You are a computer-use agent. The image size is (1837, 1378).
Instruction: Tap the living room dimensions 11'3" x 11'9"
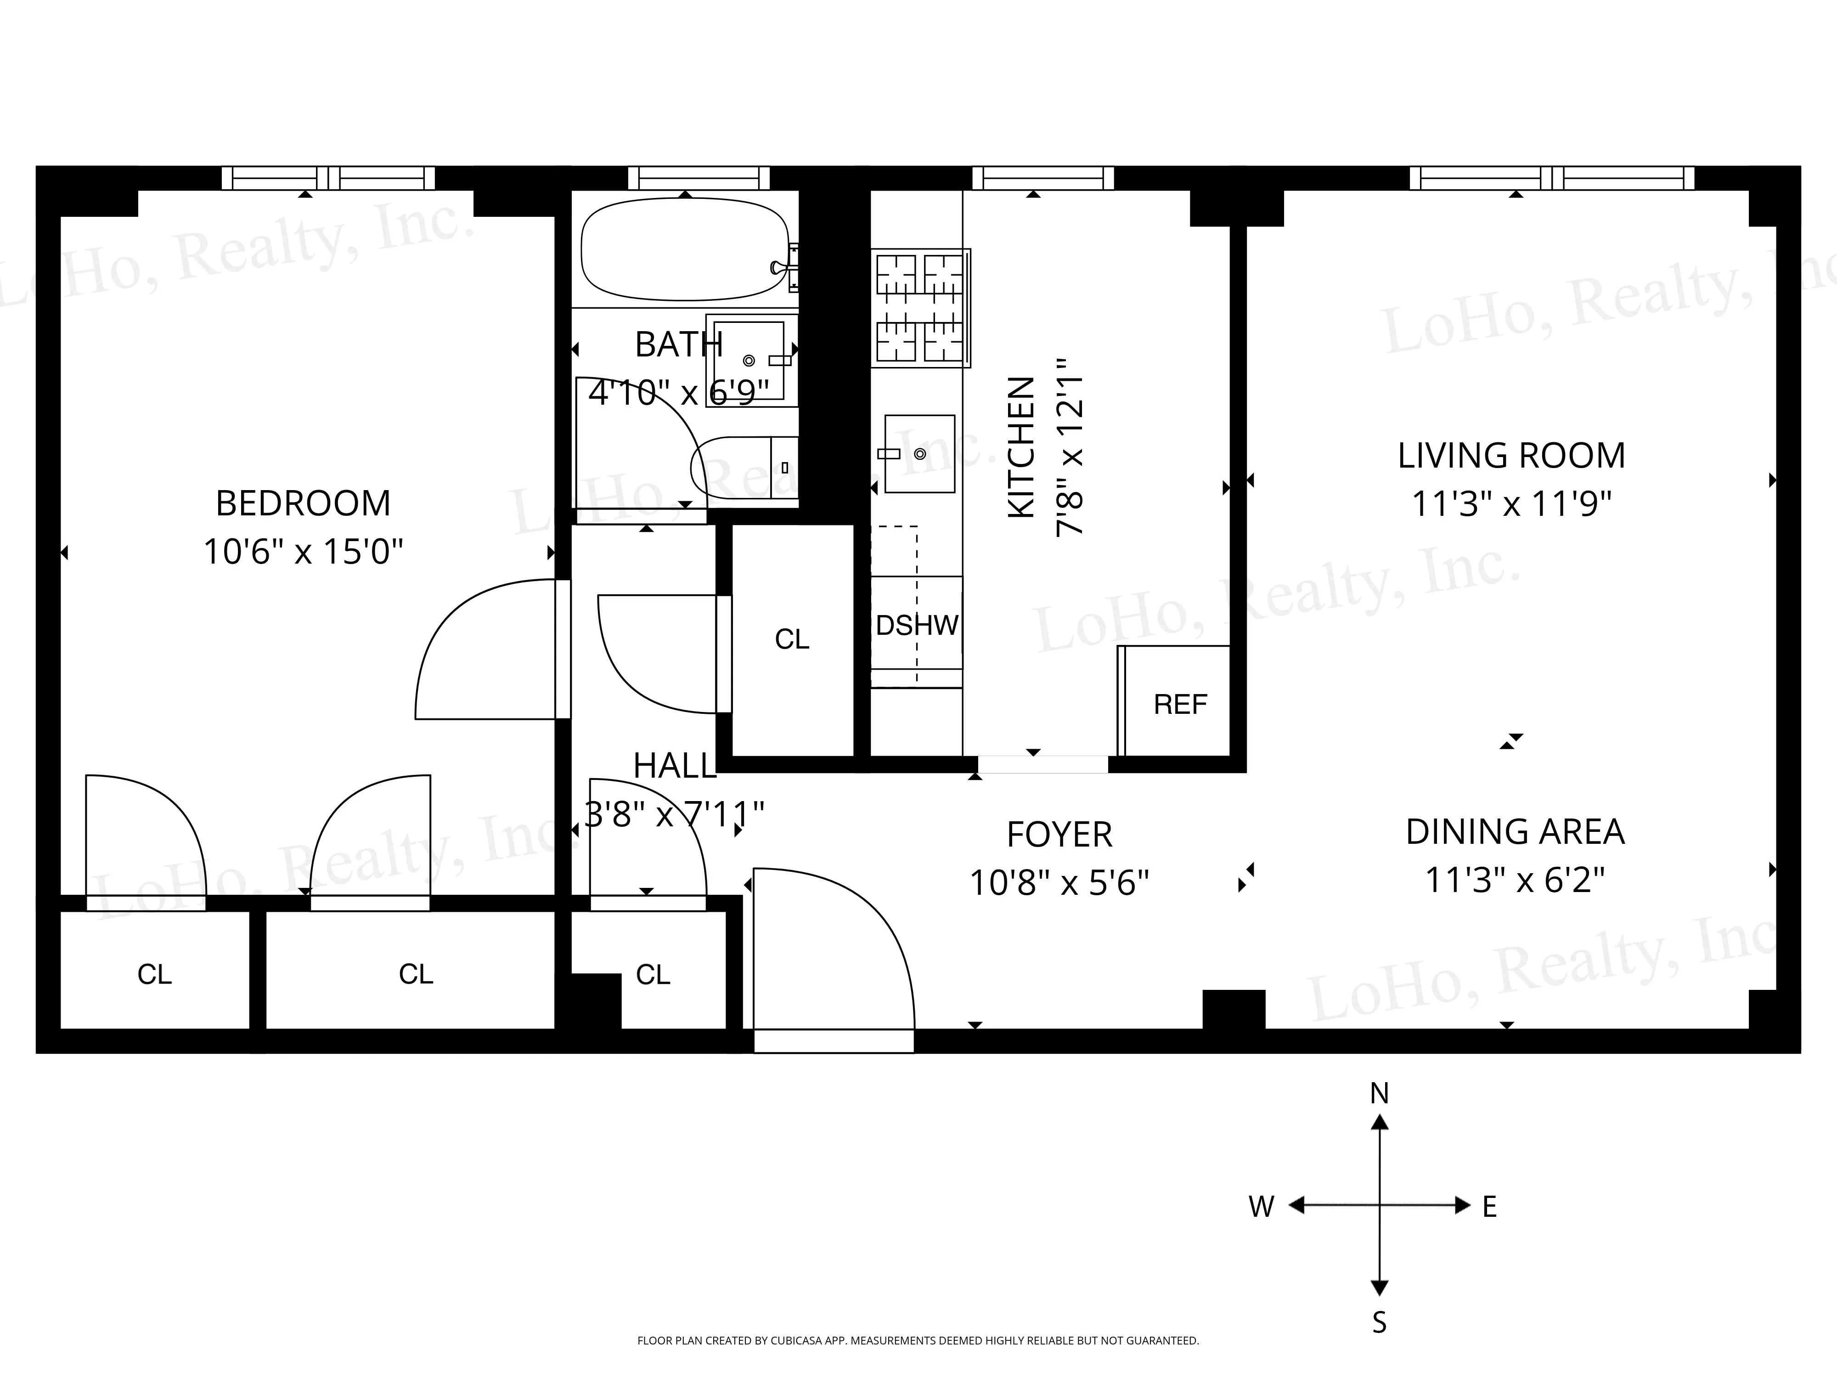coord(1511,504)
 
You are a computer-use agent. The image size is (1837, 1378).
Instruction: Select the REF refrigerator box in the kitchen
coord(1179,704)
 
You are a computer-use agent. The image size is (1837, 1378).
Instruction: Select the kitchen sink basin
coord(919,453)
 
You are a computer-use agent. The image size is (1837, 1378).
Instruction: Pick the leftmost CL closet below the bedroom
coord(154,973)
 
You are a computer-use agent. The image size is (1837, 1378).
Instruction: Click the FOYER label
coord(1059,835)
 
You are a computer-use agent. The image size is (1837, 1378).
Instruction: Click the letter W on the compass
coord(1261,1207)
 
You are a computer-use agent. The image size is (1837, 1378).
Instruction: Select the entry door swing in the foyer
coord(830,947)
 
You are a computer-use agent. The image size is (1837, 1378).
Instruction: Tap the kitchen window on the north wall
coord(1042,178)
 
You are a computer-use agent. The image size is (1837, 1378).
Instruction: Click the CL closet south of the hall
coord(653,973)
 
